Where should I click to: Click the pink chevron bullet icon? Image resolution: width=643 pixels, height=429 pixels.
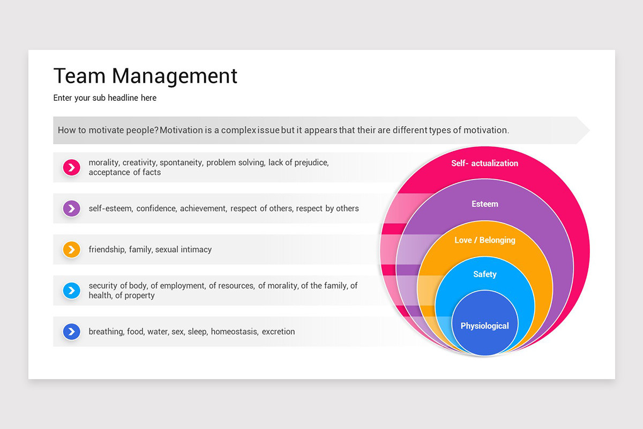pos(71,167)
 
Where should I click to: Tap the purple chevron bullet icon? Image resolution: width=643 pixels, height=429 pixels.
pos(71,208)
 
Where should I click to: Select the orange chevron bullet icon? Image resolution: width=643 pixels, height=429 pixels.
pos(71,249)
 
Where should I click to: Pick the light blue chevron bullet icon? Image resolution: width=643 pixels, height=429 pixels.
pos(71,291)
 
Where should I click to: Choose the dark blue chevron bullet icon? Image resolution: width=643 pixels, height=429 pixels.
pos(71,331)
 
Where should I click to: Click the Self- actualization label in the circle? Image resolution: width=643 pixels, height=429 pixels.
pos(484,163)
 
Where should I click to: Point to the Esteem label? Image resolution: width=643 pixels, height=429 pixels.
pos(484,204)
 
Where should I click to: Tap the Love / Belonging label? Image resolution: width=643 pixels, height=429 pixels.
pos(484,240)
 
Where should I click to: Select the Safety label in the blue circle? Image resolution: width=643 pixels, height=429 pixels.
pos(484,275)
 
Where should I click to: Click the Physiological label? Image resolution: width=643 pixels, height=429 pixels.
pos(484,326)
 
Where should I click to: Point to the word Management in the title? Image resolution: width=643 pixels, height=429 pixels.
pos(175,76)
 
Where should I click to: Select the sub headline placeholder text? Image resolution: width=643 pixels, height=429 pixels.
pos(105,98)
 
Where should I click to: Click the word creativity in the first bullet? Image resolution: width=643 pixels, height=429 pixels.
pos(139,162)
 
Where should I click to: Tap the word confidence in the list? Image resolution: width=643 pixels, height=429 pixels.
pos(156,209)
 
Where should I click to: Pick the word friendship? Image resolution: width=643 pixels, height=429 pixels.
pos(107,249)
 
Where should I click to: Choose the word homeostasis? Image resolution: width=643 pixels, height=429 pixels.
pos(234,331)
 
